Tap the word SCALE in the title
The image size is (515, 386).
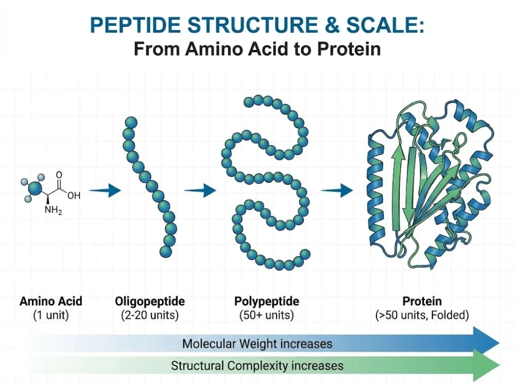coord(380,25)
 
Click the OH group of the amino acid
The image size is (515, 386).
coord(74,195)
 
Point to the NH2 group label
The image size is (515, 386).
coord(53,210)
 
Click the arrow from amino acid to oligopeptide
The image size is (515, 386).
coord(108,191)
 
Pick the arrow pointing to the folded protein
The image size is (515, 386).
coord(337,191)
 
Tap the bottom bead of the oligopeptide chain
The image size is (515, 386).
coord(165,251)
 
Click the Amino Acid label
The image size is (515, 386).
coord(51,301)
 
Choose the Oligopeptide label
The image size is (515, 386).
coord(150,301)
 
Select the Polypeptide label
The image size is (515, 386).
coord(266,301)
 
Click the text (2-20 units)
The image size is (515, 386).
coord(150,315)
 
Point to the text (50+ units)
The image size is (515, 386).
coord(266,315)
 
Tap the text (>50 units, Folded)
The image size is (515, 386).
coord(422,315)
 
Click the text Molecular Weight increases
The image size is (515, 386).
coord(257,343)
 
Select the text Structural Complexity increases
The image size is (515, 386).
coord(257,366)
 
